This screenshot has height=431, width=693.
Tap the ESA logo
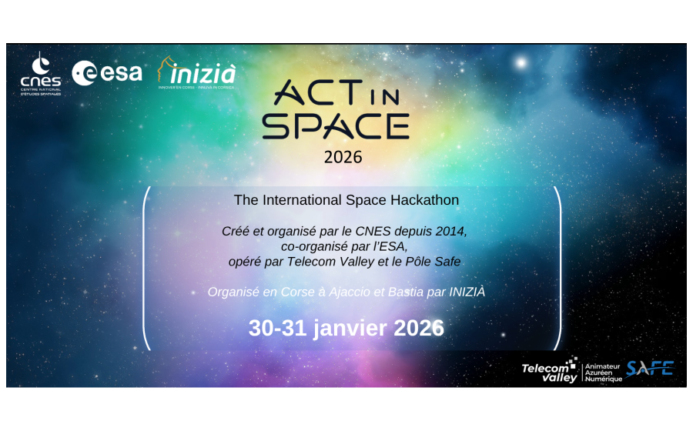[x=107, y=72]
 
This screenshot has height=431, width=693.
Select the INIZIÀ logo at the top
[x=196, y=74]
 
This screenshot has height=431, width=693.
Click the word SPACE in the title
[x=335, y=125]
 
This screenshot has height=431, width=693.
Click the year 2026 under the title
[x=343, y=158]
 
